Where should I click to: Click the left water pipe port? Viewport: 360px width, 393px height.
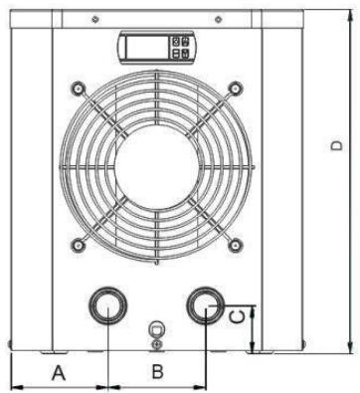pyautogui.click(x=104, y=304)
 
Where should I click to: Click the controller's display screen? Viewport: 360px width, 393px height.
pyautogui.click(x=143, y=49)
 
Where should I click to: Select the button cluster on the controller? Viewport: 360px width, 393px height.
pyautogui.click(x=182, y=49)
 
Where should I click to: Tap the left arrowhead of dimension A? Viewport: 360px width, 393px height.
pyautogui.click(x=13, y=386)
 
